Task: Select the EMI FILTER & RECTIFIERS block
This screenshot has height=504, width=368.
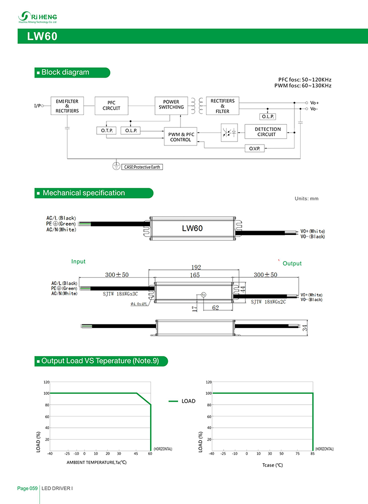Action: pyautogui.click(x=67, y=106)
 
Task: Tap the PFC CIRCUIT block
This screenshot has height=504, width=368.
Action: pyautogui.click(x=111, y=106)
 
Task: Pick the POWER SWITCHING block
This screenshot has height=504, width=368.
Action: pyautogui.click(x=171, y=104)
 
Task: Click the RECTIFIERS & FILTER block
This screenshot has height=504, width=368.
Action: pyautogui.click(x=222, y=106)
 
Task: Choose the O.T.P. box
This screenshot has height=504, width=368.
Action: pyautogui.click(x=107, y=131)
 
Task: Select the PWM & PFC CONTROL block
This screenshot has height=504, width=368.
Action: pyautogui.click(x=180, y=137)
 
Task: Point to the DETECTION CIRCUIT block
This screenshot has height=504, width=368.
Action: pyautogui.click(x=266, y=132)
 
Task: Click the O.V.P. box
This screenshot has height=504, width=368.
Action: pyautogui.click(x=255, y=148)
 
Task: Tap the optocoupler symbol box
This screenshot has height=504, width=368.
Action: pyautogui.click(x=230, y=132)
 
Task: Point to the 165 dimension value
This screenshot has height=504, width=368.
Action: pyautogui.click(x=195, y=275)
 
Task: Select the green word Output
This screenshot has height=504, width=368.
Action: pyautogui.click(x=292, y=264)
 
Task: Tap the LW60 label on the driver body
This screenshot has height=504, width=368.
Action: pyautogui.click(x=192, y=228)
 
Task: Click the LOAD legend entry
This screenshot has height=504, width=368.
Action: pyautogui.click(x=188, y=401)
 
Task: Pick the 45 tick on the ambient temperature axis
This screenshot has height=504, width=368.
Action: pyautogui.click(x=136, y=454)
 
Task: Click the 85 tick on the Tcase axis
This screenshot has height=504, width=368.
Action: pyautogui.click(x=313, y=454)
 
